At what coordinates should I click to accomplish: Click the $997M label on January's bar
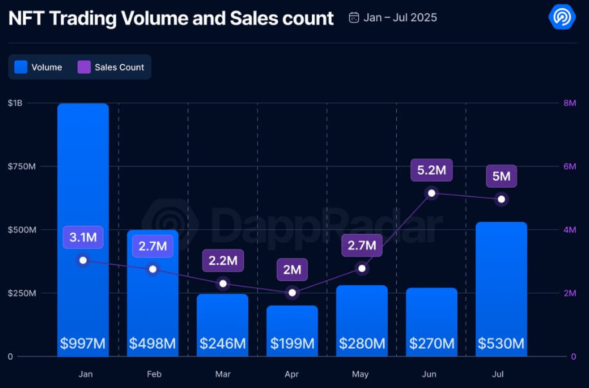pos(83,344)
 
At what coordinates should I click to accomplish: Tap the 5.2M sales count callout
pos(431,170)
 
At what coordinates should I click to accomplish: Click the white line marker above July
pos(502,199)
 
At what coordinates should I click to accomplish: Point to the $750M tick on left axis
pos(21,166)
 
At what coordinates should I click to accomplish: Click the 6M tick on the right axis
pos(569,166)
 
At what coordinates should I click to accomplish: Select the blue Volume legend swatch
pos(21,67)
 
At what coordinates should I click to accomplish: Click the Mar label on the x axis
pos(222,373)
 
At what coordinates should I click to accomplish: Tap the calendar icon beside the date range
pos(354,17)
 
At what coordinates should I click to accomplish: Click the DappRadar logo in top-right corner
pos(561,17)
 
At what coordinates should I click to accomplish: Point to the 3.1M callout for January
pos(83,238)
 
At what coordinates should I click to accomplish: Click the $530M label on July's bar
pos(501,344)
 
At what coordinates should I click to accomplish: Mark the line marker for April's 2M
pos(292,292)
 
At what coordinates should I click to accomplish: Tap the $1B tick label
pos(15,103)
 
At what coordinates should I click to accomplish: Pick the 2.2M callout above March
pos(222,261)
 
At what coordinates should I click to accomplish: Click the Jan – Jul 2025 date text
pos(400,17)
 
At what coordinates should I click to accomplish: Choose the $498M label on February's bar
pos(152,344)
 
